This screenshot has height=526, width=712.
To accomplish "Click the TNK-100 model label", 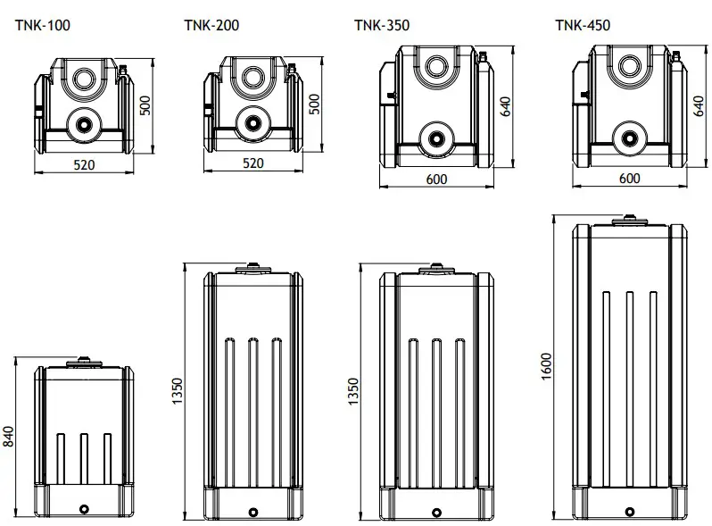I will click(42, 25).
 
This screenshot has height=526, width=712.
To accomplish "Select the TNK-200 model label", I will click(211, 25).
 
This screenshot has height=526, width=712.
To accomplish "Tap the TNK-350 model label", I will click(382, 25).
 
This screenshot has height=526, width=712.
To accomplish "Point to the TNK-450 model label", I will click(583, 25).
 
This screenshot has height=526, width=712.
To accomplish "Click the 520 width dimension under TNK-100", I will click(83, 164).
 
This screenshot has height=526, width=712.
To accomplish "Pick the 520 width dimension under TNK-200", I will click(253, 164).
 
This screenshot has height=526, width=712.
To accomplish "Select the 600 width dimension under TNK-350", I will click(436, 180).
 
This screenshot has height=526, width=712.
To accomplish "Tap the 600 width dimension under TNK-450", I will click(629, 179).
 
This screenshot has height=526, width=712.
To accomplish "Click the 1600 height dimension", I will click(547, 366).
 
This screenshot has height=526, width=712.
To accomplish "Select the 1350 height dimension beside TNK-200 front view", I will click(177, 391).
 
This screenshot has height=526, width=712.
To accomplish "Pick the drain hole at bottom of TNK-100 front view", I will click(85, 509).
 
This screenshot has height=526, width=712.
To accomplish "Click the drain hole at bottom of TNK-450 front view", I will click(630, 512).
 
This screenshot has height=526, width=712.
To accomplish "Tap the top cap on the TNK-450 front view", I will click(630, 218).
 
